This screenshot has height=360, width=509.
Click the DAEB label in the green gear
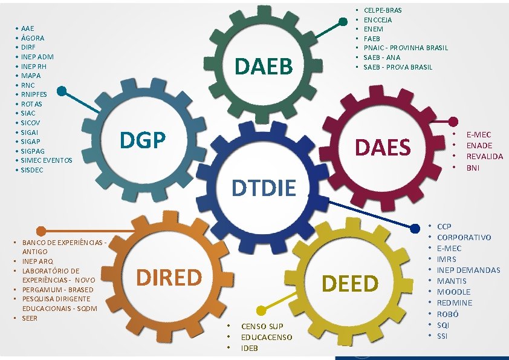(262, 66)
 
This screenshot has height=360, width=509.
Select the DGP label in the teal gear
(143, 140)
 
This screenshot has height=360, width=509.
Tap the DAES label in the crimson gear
(383, 147)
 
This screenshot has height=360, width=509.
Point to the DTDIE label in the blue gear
(265, 188)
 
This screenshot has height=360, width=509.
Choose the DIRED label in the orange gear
(169, 277)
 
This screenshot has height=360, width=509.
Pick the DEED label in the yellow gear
(350, 283)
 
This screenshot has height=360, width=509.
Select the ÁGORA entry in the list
(32, 38)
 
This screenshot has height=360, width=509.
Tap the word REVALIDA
(484, 156)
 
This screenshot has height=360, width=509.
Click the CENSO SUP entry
(262, 326)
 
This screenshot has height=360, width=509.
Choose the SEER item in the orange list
(30, 318)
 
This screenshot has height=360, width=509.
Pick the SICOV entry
(31, 122)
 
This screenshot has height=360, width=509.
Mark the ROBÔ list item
(448, 314)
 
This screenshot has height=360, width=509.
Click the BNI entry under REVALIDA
(473, 168)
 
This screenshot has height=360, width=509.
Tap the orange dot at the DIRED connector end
(41, 231)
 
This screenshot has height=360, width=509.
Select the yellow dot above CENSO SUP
(261, 310)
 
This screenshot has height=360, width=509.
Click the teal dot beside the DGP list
(62, 91)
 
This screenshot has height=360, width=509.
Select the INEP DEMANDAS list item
(468, 270)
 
